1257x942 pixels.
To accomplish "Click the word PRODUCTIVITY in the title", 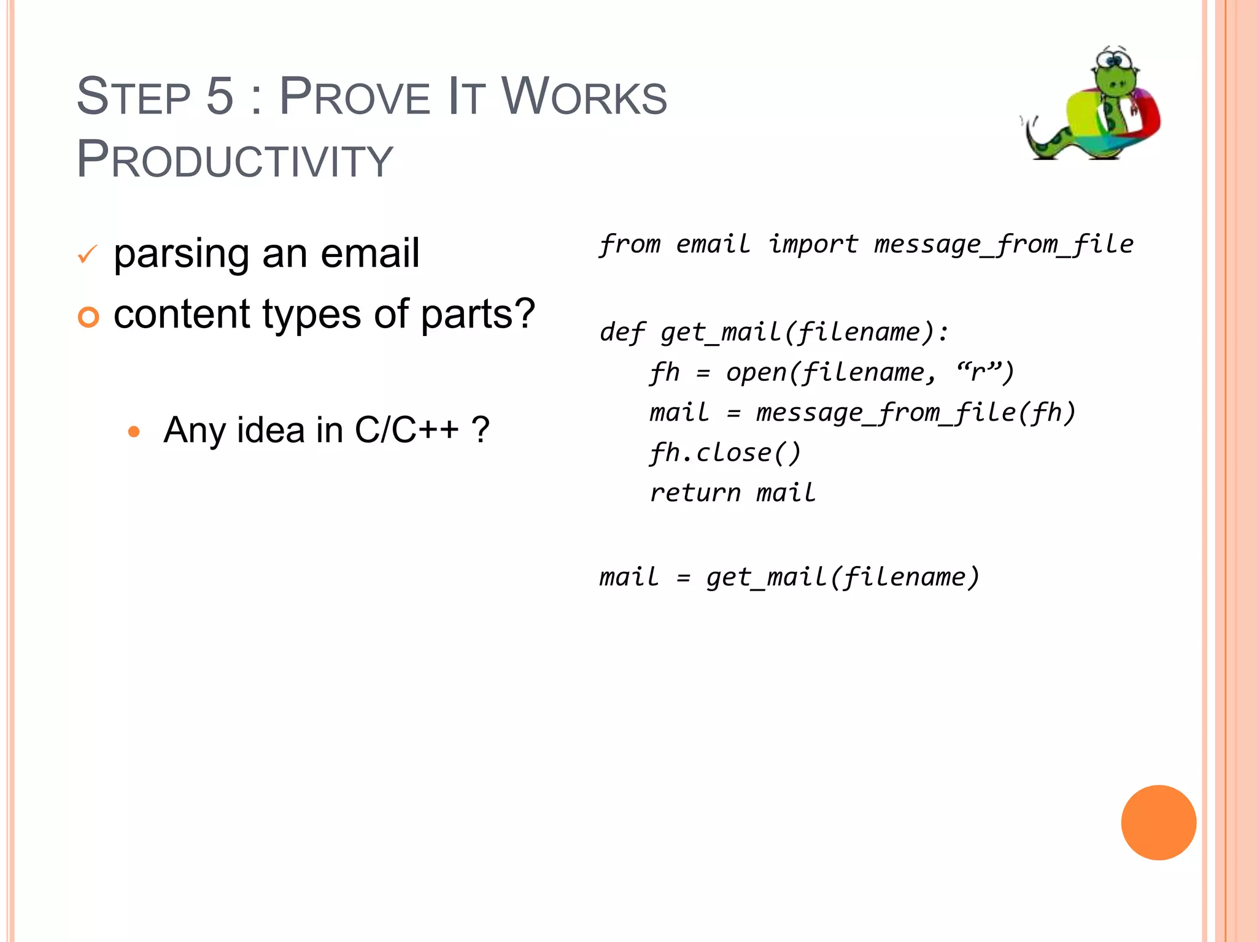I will [x=234, y=159].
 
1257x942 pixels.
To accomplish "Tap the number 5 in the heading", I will [x=220, y=96].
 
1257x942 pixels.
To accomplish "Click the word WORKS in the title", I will [x=584, y=96].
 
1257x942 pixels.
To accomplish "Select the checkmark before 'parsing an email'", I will [x=88, y=254].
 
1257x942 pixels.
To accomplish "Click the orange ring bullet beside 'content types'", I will [x=88, y=316].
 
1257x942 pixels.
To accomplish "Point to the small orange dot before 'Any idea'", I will [x=134, y=431].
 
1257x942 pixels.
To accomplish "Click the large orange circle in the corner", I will [x=1158, y=822].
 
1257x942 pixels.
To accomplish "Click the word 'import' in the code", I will [x=813, y=245].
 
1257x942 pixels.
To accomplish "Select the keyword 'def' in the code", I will [x=621, y=333].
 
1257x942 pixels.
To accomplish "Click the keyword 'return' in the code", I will [x=695, y=493].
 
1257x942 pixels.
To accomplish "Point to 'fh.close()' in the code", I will [x=725, y=453].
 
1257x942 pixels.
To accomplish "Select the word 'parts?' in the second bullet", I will [x=478, y=315].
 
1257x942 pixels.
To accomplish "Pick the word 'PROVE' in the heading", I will [x=355, y=96].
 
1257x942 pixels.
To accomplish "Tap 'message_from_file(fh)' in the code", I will [x=916, y=413].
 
